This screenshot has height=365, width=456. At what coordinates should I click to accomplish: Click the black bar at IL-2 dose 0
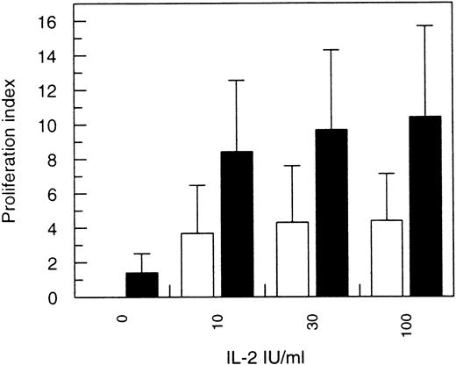point(142,285)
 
